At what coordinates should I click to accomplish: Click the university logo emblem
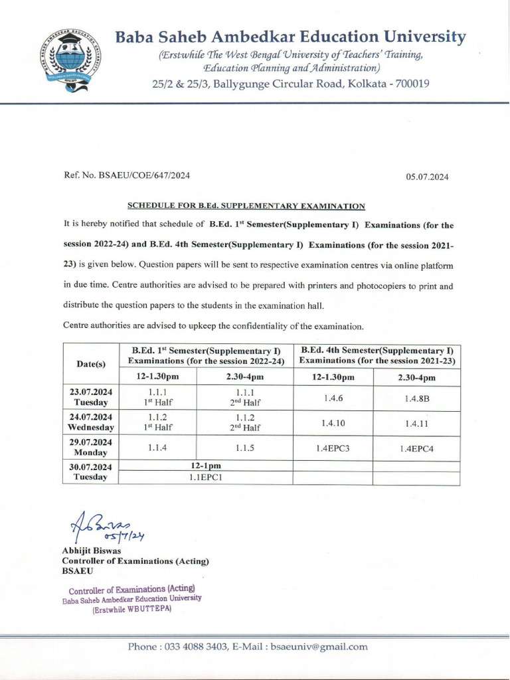pos(68,60)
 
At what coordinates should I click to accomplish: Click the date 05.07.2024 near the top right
pos(428,176)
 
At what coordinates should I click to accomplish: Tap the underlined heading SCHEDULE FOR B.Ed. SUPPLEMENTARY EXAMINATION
pos(246,207)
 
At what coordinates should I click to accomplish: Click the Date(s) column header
pos(91,364)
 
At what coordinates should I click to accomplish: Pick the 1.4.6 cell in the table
pos(333,398)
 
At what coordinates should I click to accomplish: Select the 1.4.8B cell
pos(416,398)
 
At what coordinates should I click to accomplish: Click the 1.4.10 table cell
pos(333,423)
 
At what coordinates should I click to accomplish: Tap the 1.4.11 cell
pos(416,423)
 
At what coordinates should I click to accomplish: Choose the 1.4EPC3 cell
pos(333,448)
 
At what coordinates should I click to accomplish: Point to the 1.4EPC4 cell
pos(416,449)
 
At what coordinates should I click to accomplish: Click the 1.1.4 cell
pos(157,448)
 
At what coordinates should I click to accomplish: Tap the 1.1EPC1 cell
pos(205,477)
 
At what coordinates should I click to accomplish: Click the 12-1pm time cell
pos(205,466)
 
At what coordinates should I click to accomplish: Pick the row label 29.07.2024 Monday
pos(91,448)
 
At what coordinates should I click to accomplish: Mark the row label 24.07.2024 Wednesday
pos(91,422)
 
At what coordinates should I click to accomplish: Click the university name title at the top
pos(290,37)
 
